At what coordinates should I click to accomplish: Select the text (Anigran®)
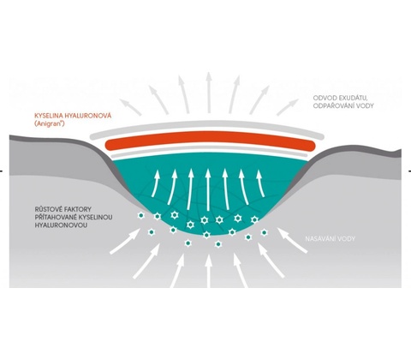tap(49, 124)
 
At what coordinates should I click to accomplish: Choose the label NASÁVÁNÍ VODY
tap(331, 238)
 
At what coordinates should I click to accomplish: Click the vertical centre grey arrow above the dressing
tap(209, 93)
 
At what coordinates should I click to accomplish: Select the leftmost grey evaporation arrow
tap(130, 107)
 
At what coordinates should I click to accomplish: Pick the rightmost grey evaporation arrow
tap(288, 107)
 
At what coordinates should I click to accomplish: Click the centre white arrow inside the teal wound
tap(208, 190)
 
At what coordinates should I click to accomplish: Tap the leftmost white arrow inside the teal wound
tap(155, 183)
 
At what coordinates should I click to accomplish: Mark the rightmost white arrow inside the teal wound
tap(260, 183)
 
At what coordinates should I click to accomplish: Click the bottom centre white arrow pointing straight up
tap(209, 271)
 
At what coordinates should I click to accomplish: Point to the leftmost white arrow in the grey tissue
tap(125, 242)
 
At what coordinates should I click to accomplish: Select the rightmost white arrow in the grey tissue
tap(293, 240)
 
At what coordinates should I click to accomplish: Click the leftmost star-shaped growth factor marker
tap(140, 215)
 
